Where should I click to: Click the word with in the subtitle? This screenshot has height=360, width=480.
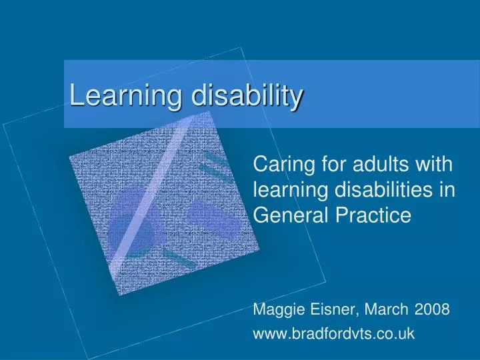click(435, 164)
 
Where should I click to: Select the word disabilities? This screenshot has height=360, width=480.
click(384, 189)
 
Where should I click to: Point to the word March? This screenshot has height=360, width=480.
click(386, 309)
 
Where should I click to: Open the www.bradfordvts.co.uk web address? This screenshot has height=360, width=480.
click(334, 333)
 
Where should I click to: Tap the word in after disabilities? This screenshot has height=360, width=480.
click(447, 189)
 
